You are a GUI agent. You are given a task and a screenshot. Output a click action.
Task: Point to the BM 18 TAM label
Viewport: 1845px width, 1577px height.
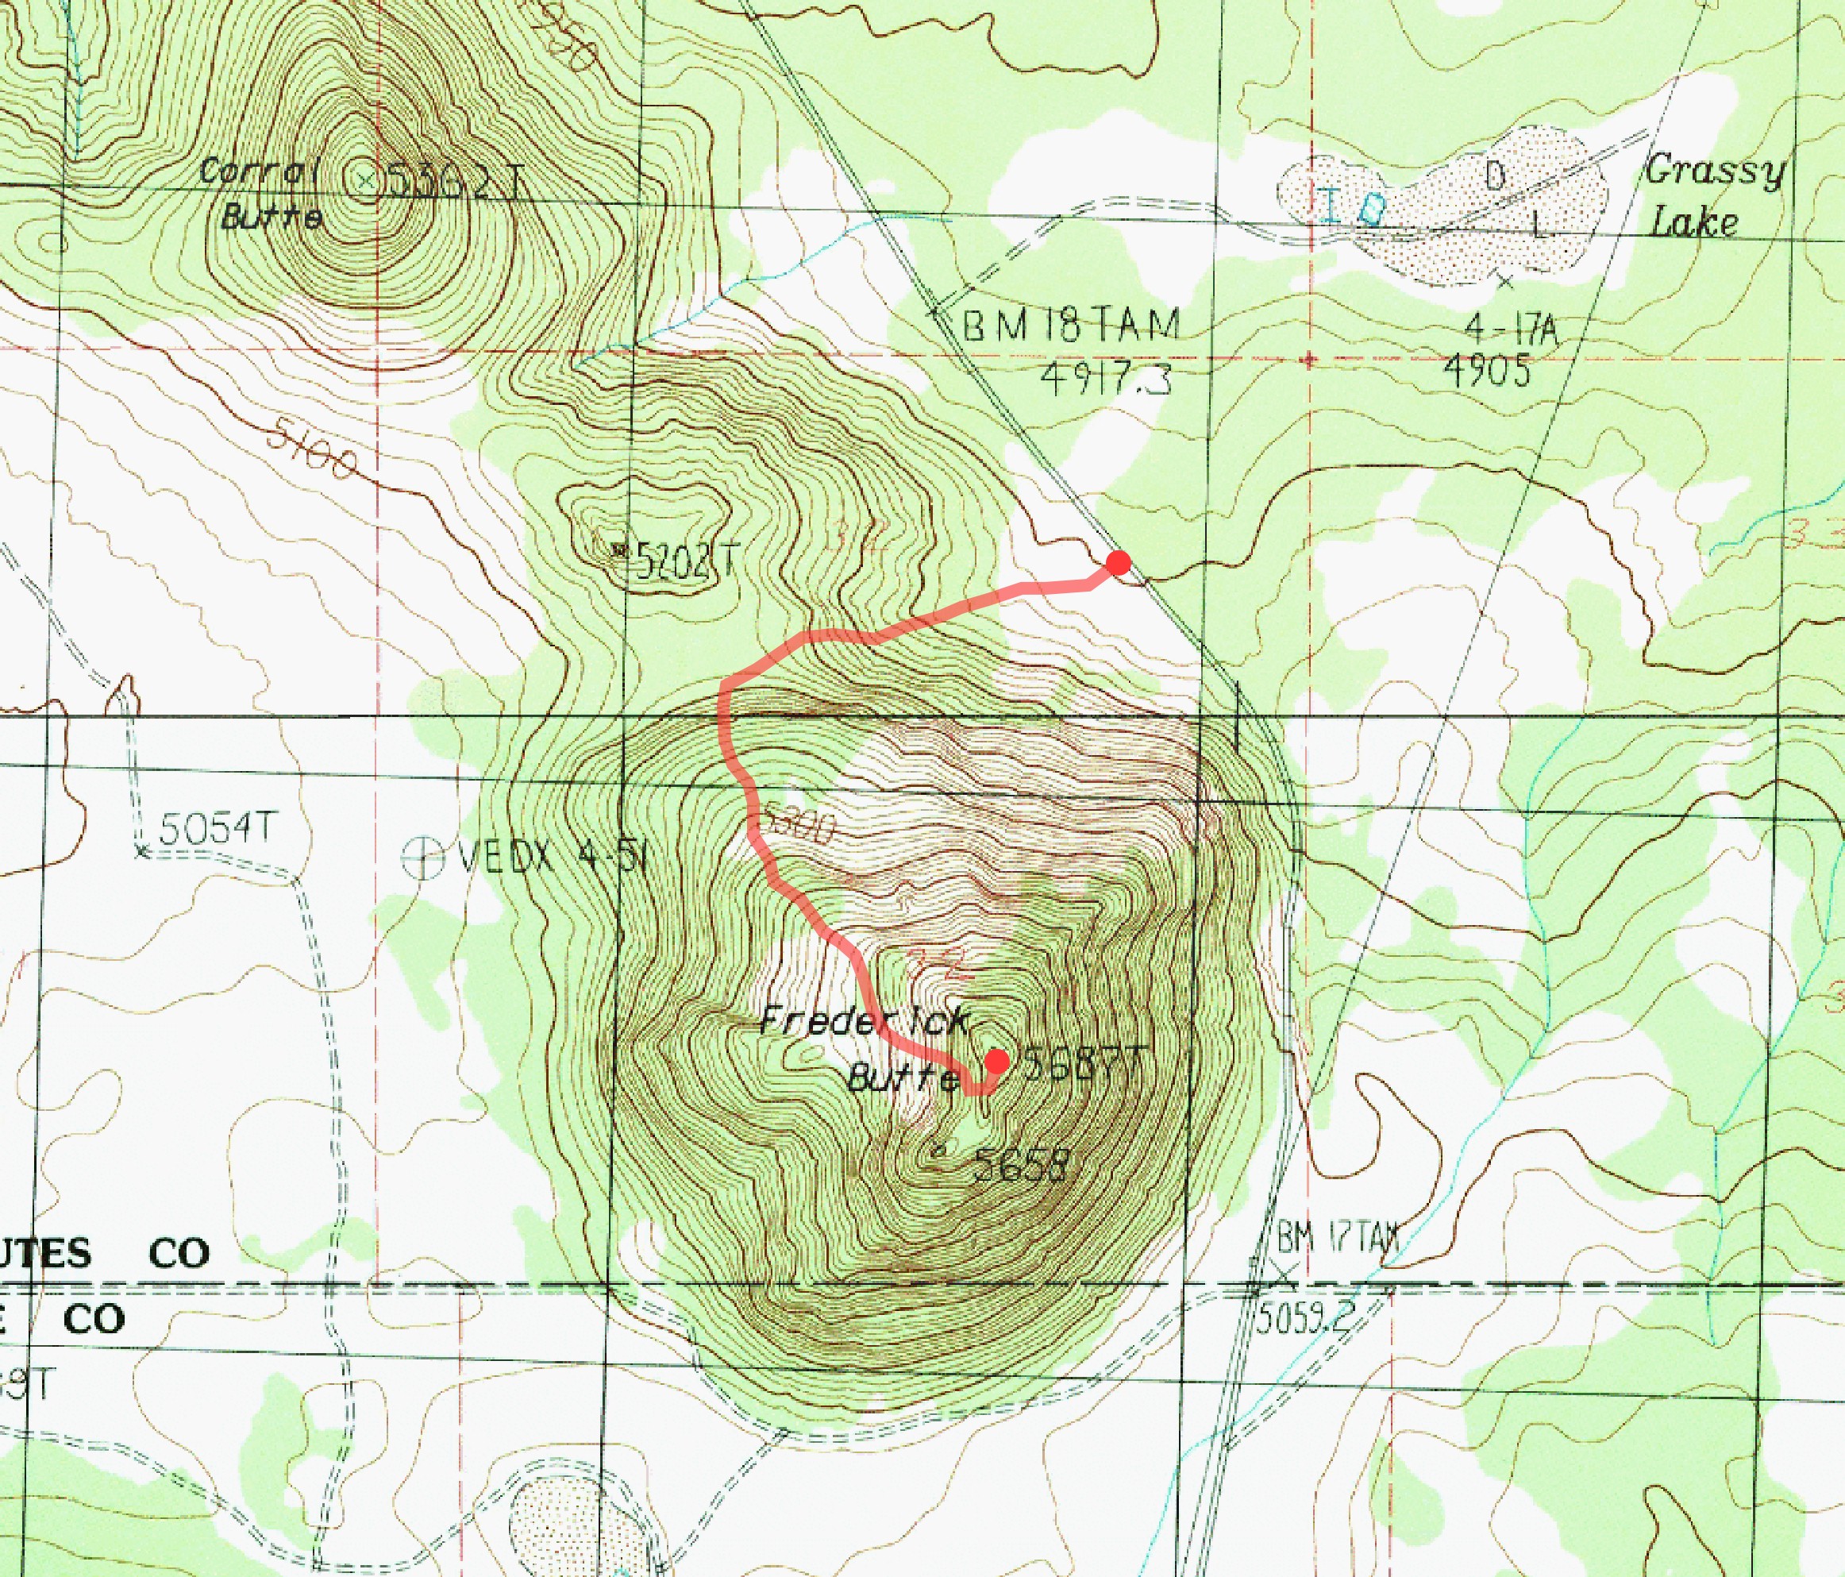1072,326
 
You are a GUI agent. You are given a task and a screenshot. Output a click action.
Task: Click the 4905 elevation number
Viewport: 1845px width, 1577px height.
1486,369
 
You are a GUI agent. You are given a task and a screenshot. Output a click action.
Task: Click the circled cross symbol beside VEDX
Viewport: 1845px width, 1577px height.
422,858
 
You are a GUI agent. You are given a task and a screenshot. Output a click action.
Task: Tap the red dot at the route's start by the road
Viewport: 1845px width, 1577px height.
1119,563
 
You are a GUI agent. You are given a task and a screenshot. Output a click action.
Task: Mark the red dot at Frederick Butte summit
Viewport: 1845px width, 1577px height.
996,1061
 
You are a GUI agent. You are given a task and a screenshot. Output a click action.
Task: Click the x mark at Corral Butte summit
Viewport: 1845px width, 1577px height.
365,182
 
